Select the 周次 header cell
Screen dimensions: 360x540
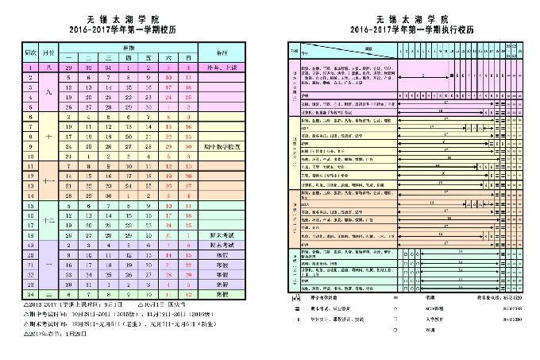click(x=29, y=52)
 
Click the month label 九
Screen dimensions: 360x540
click(x=49, y=93)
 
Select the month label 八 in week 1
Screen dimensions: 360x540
click(x=49, y=68)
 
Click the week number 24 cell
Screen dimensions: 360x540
click(x=29, y=294)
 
